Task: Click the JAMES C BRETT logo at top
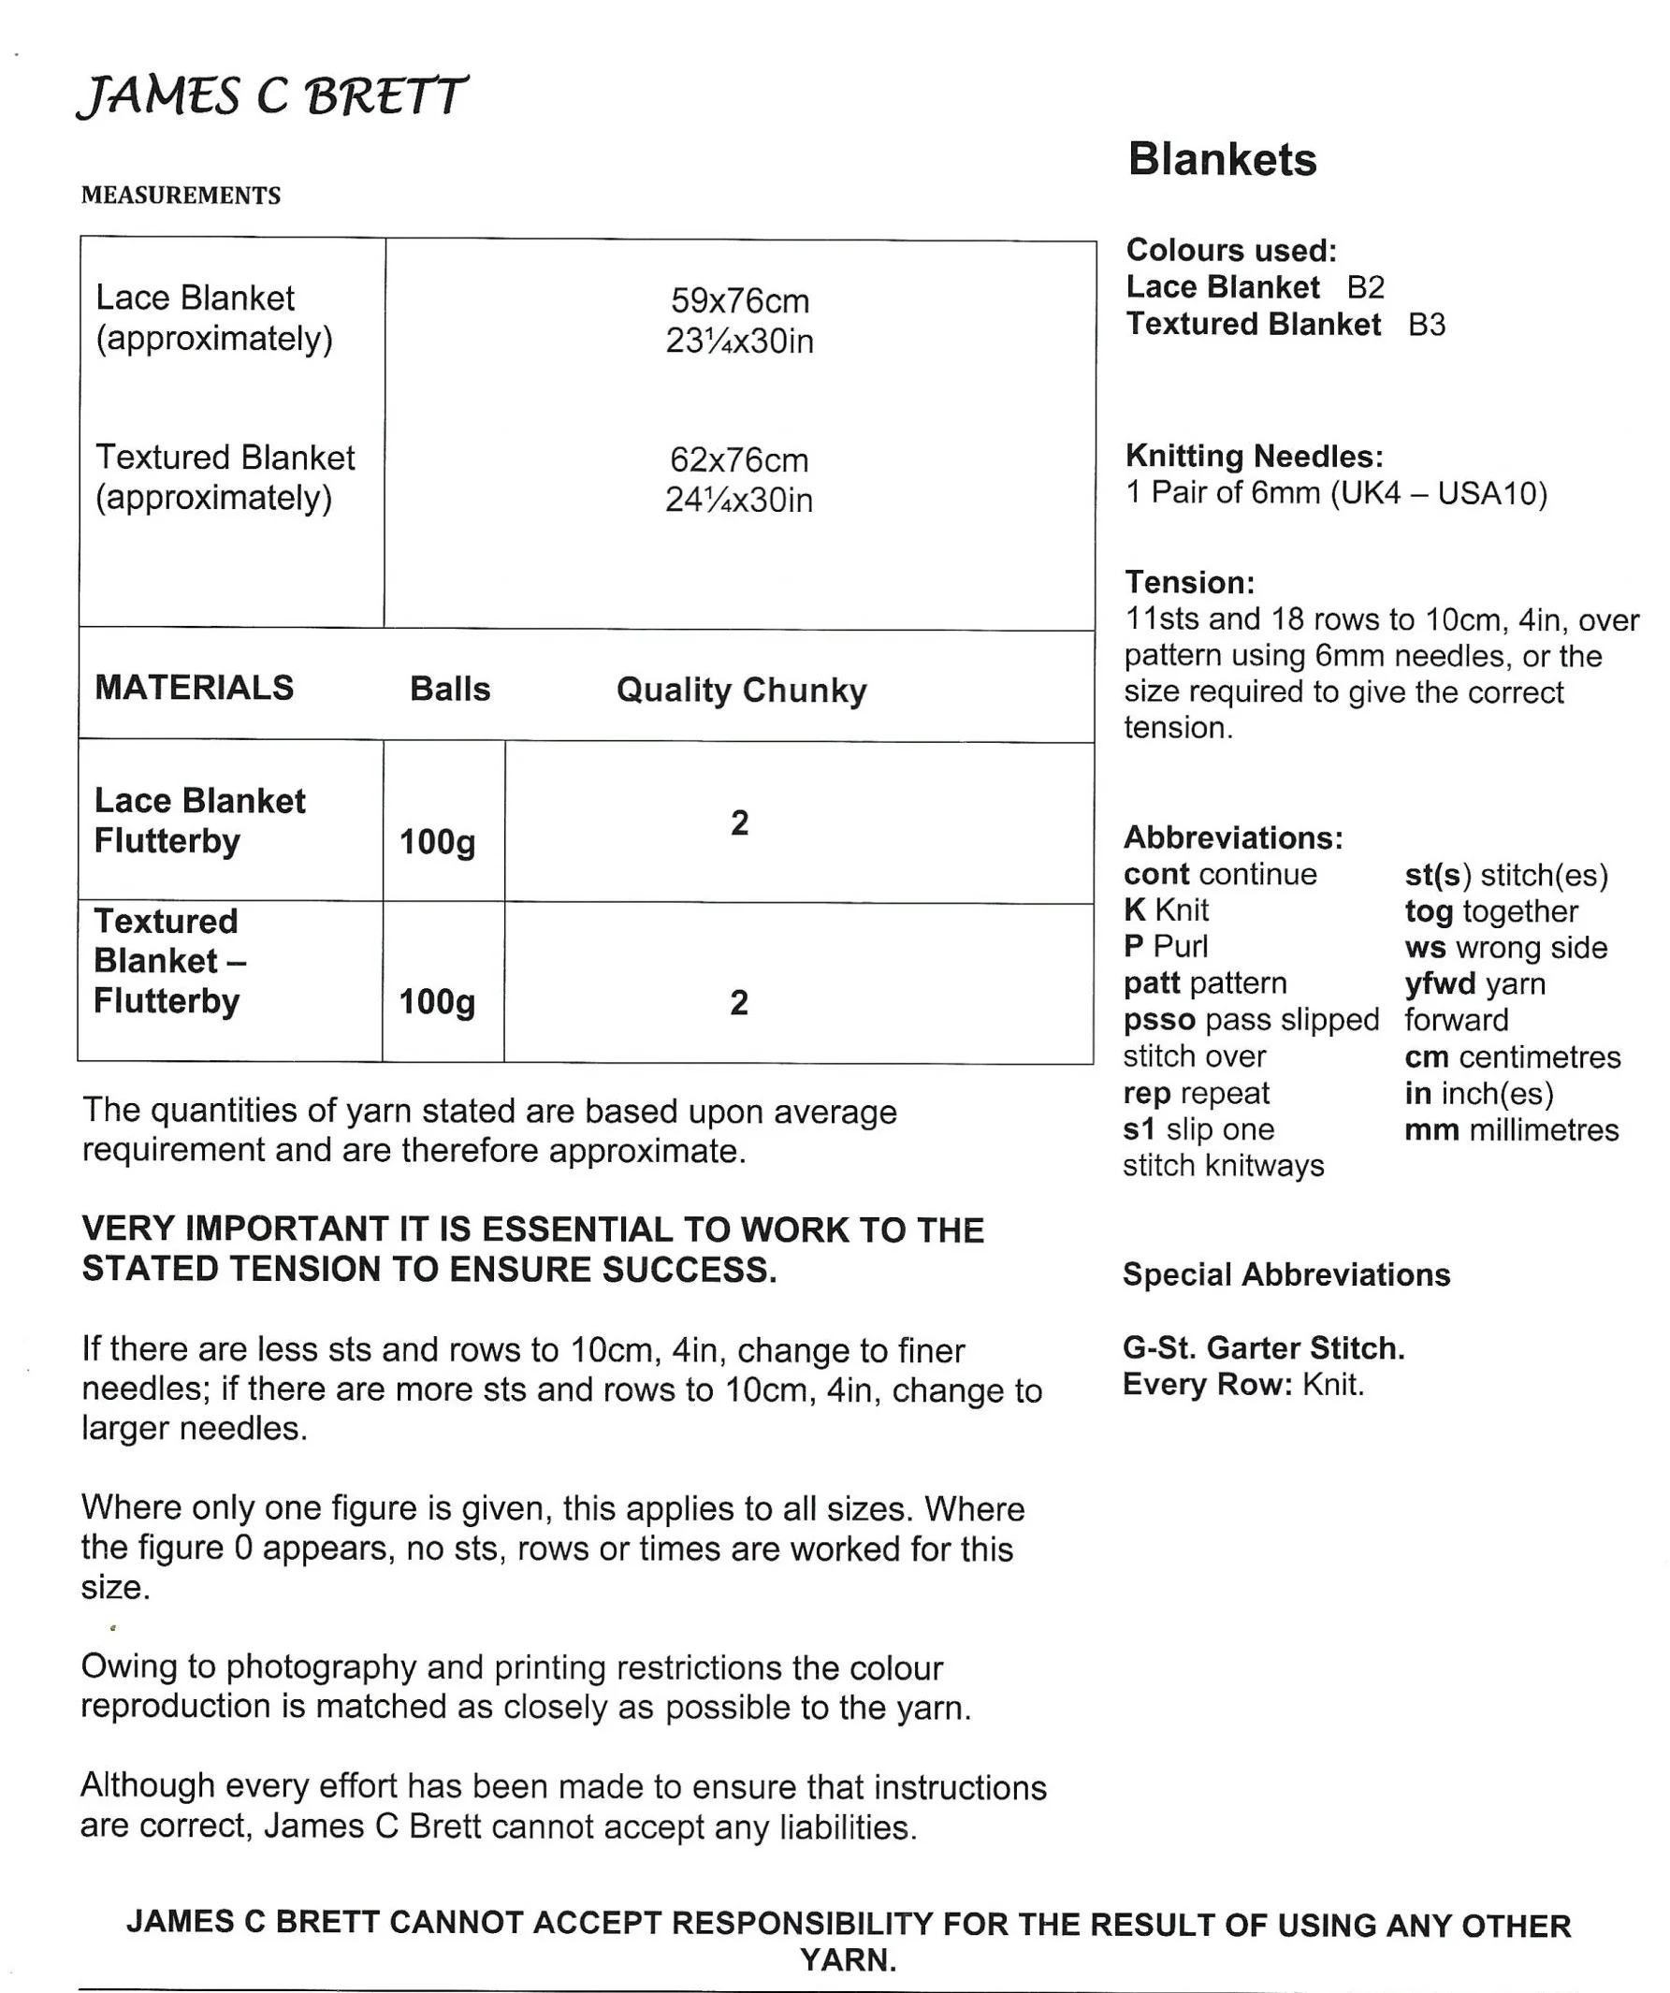(x=271, y=95)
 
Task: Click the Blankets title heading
(x=1222, y=159)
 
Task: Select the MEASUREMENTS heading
(x=182, y=196)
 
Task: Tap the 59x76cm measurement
(x=740, y=301)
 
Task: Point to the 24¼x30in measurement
(x=739, y=501)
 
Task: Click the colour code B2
(x=1365, y=287)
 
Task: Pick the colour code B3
(x=1426, y=325)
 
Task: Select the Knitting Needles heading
(x=1255, y=457)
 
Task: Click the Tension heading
(x=1190, y=582)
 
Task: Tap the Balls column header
(x=450, y=689)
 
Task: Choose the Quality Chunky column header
(x=741, y=690)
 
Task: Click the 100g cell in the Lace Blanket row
(x=438, y=842)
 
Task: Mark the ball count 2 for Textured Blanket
(x=739, y=1002)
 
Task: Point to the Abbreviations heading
(x=1233, y=838)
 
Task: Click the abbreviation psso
(x=1158, y=1020)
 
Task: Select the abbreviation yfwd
(x=1441, y=984)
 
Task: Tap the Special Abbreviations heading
(x=1286, y=1274)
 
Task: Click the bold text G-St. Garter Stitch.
(x=1264, y=1347)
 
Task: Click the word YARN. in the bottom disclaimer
(x=848, y=1959)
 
